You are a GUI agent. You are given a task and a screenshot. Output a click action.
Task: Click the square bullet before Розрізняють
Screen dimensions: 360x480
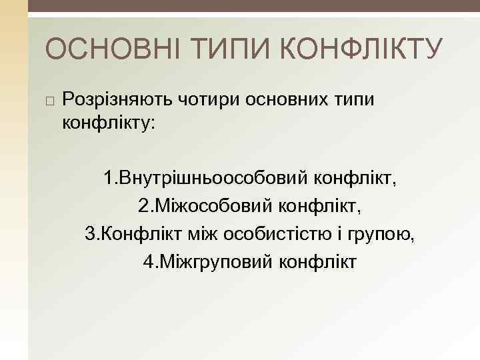(x=49, y=100)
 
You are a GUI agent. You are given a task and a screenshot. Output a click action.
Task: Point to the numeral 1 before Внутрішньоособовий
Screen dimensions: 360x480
(x=109, y=179)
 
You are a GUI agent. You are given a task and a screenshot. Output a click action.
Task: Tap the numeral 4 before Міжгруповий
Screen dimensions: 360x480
(x=148, y=261)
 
